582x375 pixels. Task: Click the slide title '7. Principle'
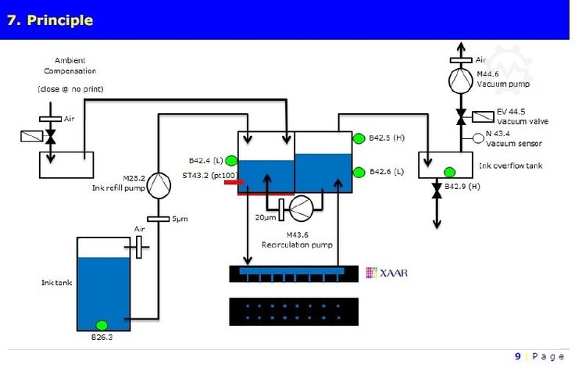coord(50,20)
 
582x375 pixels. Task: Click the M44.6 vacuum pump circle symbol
coord(461,80)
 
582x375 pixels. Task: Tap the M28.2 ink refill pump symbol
coord(159,184)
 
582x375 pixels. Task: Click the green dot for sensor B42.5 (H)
coord(359,138)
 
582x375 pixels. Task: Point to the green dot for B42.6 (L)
coord(359,172)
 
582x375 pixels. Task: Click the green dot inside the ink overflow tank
coord(450,172)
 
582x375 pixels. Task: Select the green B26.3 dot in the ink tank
coord(102,325)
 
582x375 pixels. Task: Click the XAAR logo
coord(387,273)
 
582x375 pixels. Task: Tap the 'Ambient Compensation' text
coord(70,66)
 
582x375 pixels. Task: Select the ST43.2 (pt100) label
coord(209,175)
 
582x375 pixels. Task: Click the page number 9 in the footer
coord(517,356)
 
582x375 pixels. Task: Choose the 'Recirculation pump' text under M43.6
coord(298,245)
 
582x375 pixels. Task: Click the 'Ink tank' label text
coord(55,282)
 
